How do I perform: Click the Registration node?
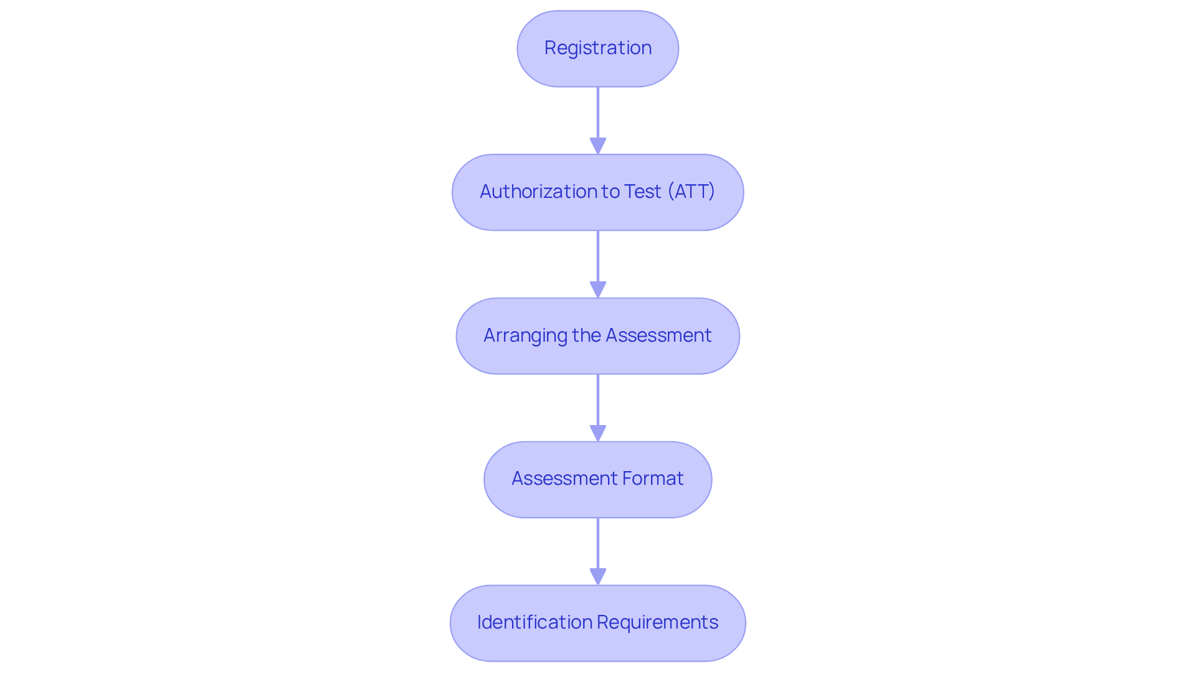[597, 49]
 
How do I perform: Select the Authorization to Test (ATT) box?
[597, 192]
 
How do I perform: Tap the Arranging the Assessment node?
[597, 336]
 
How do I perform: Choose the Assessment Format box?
[597, 480]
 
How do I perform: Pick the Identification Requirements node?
[597, 623]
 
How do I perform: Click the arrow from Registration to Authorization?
[597, 115]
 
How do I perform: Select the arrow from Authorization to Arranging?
[597, 258]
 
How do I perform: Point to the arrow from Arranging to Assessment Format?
[597, 402]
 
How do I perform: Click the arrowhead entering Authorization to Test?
[597, 146]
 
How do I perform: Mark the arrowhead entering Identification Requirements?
[597, 577]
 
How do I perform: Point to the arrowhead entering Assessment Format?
[597, 433]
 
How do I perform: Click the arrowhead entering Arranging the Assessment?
[597, 289]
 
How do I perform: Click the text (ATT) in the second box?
[691, 192]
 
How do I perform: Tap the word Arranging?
[525, 335]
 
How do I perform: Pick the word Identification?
[534, 622]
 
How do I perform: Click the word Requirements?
[657, 622]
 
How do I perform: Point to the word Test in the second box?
[642, 192]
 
